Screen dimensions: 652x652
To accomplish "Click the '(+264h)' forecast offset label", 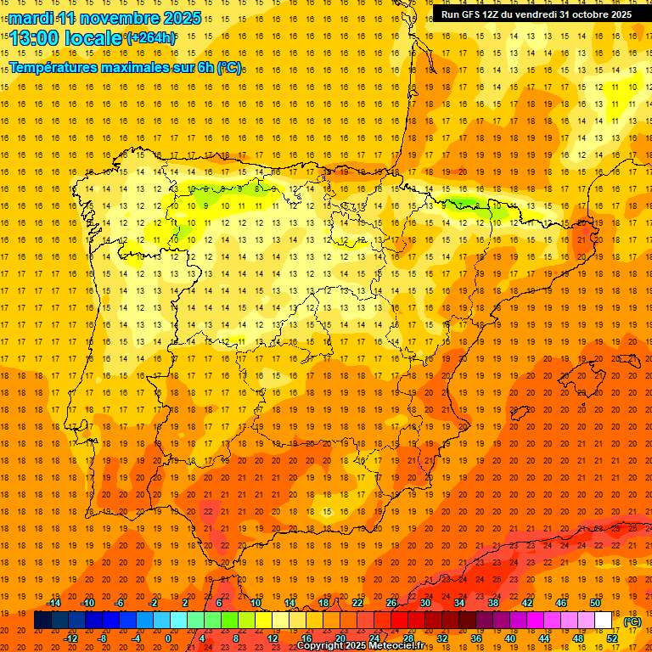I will tap(151, 37).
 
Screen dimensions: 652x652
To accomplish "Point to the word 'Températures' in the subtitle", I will tap(59, 66).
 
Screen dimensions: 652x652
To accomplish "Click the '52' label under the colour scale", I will tap(612, 638).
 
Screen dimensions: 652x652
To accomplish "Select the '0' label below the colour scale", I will tap(168, 638).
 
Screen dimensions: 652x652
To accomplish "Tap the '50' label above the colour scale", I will tap(595, 603).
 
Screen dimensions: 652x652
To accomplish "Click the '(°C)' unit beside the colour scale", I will tap(632, 621).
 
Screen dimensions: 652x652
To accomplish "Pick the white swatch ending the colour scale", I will tap(604, 621).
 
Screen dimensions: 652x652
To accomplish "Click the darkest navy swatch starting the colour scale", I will tap(42, 621).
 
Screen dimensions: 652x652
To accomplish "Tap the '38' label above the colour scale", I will tap(493, 603).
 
